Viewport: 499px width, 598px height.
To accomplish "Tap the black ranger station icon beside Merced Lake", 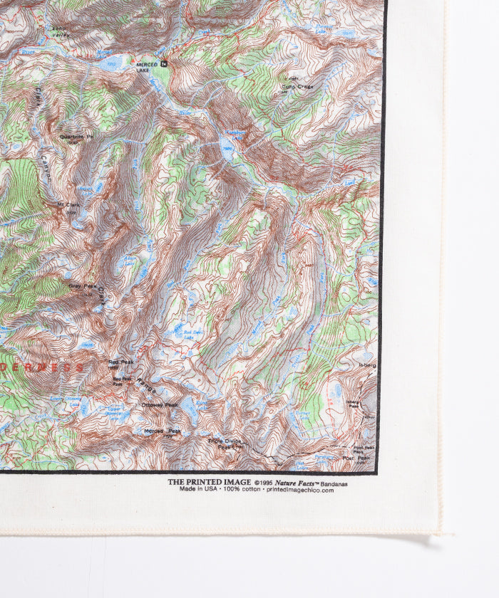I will tap(165, 63).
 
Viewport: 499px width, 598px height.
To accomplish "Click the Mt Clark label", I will tap(70, 205).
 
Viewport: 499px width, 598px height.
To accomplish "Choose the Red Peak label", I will tap(120, 362).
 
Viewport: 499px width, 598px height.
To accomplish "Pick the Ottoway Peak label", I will tap(160, 405).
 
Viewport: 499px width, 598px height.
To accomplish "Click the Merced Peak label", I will tap(163, 431).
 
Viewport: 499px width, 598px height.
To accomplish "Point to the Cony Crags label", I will tap(294, 85).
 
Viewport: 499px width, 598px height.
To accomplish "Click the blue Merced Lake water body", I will tap(110, 64).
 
